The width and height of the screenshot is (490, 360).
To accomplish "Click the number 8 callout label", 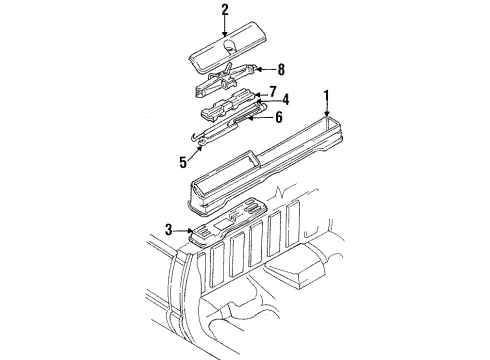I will pos(282,70).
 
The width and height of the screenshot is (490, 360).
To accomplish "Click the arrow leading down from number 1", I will pos(325,111).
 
